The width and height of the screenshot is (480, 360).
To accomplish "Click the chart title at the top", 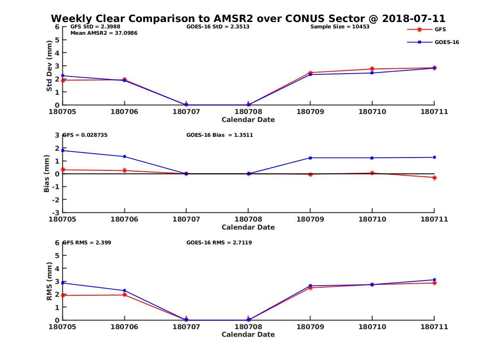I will pos(248,19).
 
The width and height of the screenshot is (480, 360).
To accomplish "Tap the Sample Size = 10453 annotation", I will pos(340,27).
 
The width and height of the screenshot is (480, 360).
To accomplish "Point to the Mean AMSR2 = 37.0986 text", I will pos(104,33).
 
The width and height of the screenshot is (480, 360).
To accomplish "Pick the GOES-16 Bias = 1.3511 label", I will pos(220,135).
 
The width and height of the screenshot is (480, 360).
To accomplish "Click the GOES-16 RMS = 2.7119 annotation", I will pos(219,242).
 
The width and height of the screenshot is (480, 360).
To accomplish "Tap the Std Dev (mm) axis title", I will pos(49,66).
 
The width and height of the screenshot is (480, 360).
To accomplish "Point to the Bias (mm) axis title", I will pos(47,174).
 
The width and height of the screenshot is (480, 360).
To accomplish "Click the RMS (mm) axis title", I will pos(49,281).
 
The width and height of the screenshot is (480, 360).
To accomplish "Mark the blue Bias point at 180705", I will pos(63,150).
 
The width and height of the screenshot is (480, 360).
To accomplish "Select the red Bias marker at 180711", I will pos(434,178).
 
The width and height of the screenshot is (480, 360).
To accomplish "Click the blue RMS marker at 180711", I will pos(434,280).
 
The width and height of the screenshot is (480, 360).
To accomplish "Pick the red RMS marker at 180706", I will pos(125,295).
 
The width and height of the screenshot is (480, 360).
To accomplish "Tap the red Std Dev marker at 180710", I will pos(372,69).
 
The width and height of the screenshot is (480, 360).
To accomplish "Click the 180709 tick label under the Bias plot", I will pos(310,219).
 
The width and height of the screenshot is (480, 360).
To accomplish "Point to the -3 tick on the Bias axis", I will pos(57,212).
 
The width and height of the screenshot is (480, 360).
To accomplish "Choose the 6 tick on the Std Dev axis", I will pos(57,27).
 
